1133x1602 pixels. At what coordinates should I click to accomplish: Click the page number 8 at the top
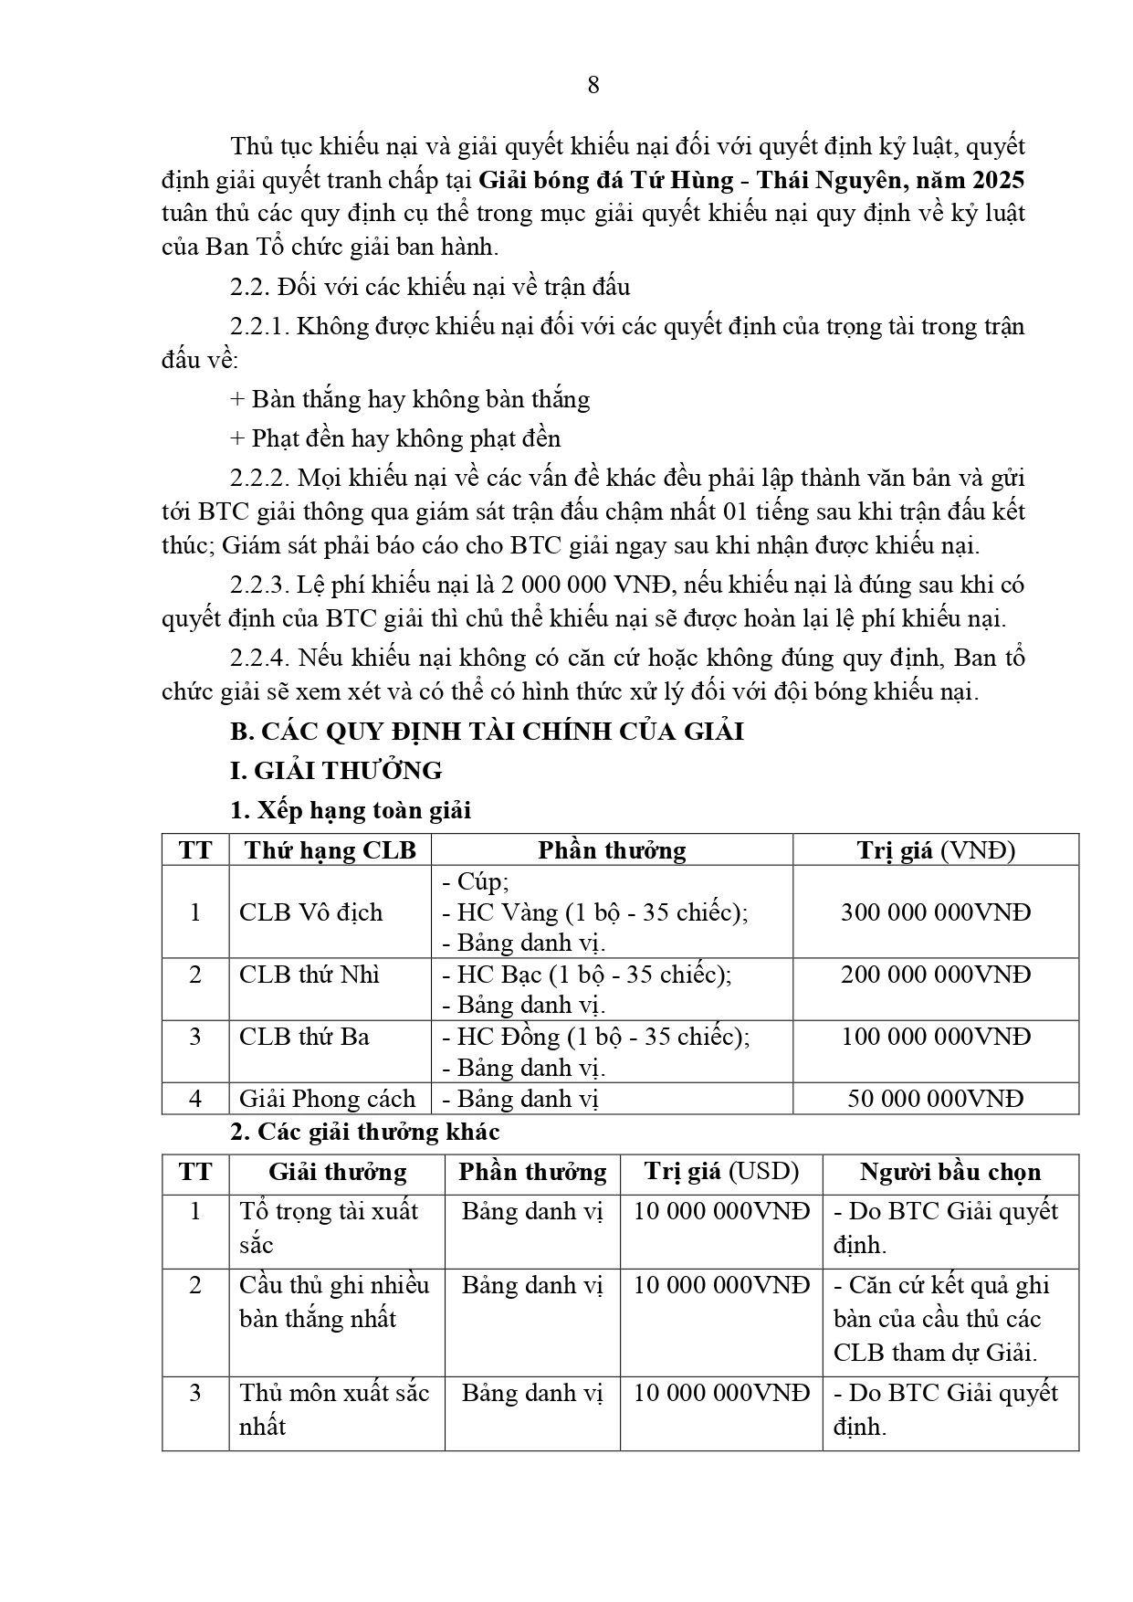coord(593,85)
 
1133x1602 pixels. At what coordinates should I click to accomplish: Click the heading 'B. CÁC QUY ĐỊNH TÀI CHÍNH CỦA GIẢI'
coord(487,732)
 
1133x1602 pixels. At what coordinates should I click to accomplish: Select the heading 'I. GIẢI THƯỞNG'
coord(335,771)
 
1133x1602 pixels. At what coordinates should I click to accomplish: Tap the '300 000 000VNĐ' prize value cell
coord(935,912)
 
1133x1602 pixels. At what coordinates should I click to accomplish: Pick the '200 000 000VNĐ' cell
coord(935,975)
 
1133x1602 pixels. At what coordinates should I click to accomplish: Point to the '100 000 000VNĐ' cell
coord(935,1037)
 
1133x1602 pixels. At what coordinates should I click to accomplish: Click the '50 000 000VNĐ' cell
coord(935,1098)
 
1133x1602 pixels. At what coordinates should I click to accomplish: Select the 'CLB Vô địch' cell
coord(310,912)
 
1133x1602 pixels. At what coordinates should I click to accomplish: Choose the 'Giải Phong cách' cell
coord(327,1098)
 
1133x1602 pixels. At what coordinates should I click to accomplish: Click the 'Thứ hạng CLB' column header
coord(330,850)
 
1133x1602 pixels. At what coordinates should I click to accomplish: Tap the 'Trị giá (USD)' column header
coord(721,1172)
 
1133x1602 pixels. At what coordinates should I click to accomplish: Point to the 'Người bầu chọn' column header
coord(949,1172)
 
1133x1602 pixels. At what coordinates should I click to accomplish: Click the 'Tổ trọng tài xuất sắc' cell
coord(329,1228)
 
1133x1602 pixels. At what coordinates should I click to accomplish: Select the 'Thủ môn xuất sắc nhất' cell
coord(334,1409)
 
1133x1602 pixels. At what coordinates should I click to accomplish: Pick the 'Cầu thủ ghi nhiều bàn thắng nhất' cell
coord(334,1302)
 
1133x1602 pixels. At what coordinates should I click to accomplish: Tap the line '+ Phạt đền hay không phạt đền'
coord(395,438)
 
